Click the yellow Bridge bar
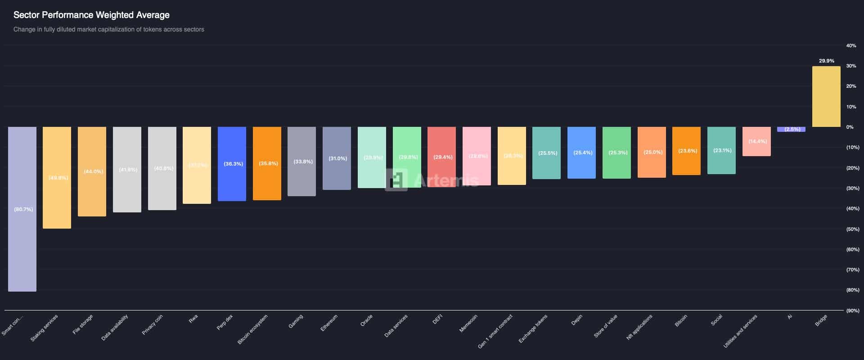tap(826, 96)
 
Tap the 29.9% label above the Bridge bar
tap(826, 61)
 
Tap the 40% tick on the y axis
tap(851, 45)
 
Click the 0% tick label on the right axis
tap(850, 127)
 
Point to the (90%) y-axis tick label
tap(852, 310)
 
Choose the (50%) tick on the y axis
tap(852, 229)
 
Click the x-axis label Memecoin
tap(468, 323)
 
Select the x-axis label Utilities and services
tap(740, 331)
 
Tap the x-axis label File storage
tap(83, 324)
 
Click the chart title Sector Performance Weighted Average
tap(91, 15)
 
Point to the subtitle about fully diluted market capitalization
tap(108, 29)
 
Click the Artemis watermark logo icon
tap(396, 180)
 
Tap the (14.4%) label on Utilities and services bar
tap(757, 141)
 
